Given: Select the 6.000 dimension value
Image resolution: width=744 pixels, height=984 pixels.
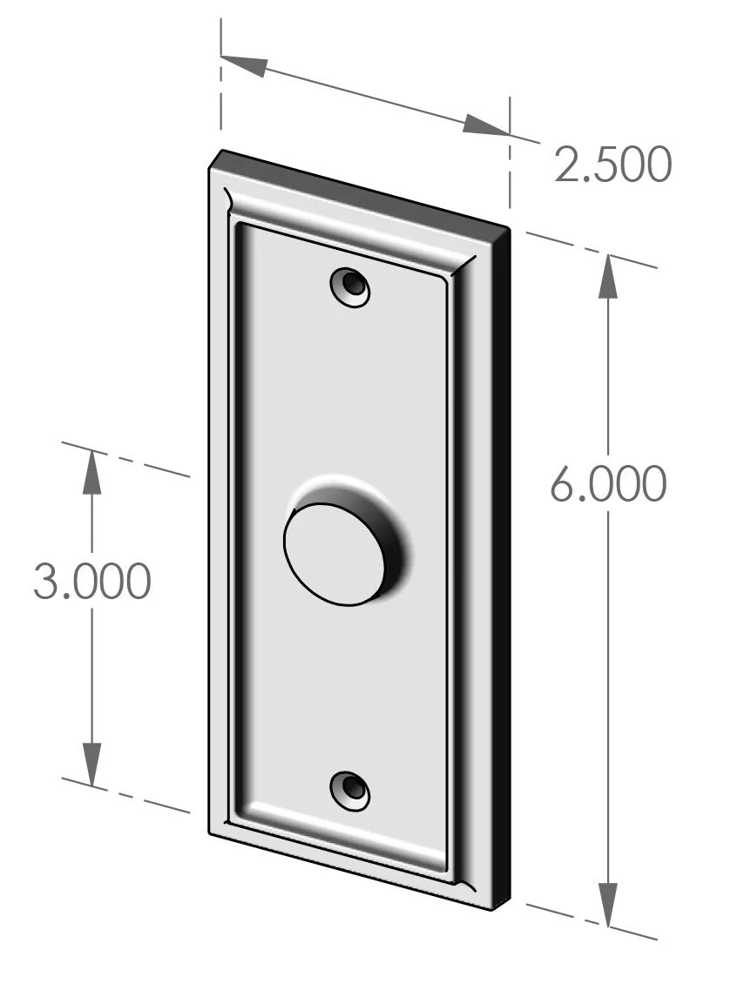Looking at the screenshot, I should (608, 484).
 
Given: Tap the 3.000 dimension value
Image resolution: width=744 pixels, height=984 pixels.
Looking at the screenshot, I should (91, 581).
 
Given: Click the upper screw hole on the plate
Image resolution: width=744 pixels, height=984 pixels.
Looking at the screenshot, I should (350, 286).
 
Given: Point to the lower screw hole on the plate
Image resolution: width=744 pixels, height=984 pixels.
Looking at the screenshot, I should (350, 789).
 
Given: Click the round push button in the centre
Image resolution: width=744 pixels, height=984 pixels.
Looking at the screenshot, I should (334, 554).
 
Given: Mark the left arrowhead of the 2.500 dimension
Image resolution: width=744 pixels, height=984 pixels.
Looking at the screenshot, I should (245, 65).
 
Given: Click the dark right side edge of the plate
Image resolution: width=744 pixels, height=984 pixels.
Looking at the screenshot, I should (500, 566).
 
